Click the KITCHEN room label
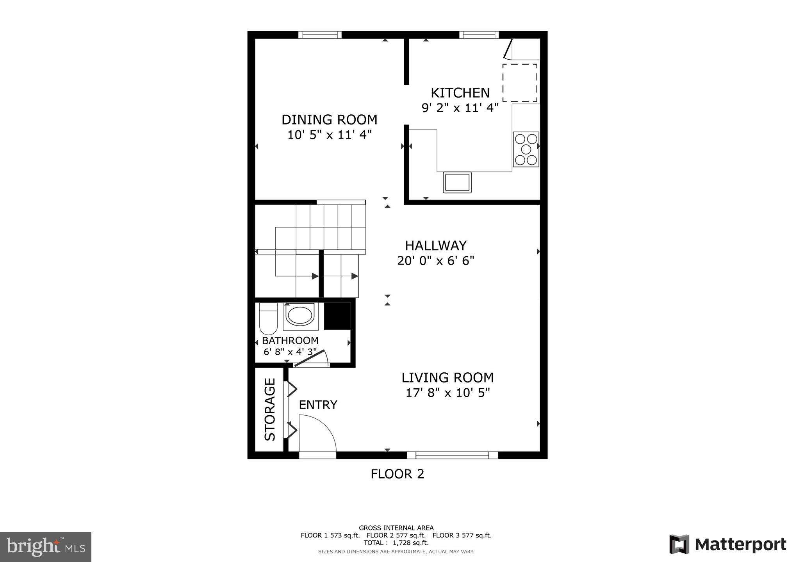pos(460,93)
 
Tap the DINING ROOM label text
pos(329,119)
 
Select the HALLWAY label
pos(435,245)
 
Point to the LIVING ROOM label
pos(447,378)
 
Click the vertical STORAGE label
pos(270,409)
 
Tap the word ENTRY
pos(318,405)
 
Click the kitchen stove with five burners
pos(526,149)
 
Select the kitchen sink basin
pos(457,182)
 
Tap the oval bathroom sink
pos(299,315)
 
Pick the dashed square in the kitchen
pos(519,83)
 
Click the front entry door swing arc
pos(317,433)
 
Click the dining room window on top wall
pos(320,35)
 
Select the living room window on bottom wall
pos(452,455)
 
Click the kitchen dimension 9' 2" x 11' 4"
pos(460,108)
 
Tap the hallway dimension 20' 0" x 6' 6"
pos(435,261)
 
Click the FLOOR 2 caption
pos(397,474)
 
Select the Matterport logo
pos(727,544)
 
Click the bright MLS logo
pos(46,546)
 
